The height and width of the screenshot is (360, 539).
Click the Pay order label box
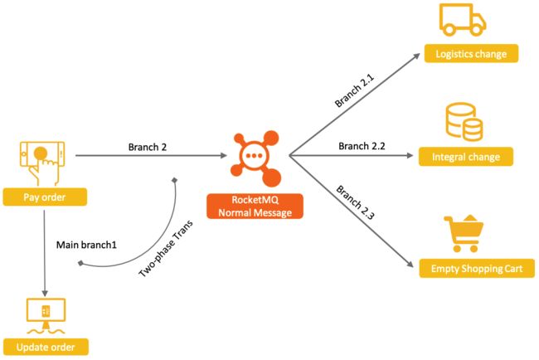click(x=45, y=197)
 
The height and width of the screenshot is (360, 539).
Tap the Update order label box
click(x=46, y=347)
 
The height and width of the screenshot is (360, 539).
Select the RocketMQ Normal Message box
click(x=255, y=207)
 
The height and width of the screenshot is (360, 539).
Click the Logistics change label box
click(x=471, y=54)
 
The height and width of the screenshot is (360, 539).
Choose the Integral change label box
click(x=466, y=157)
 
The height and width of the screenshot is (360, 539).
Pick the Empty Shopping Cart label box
click(x=477, y=268)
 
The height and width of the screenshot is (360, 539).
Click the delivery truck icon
click(x=463, y=20)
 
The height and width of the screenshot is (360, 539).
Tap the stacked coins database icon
click(x=464, y=122)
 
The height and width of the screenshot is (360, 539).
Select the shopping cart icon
click(x=464, y=234)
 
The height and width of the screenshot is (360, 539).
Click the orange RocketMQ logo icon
click(x=255, y=158)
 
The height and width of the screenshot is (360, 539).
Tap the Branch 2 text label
click(x=147, y=147)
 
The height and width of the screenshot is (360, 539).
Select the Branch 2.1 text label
click(x=354, y=90)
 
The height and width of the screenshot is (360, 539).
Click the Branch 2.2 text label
click(x=362, y=146)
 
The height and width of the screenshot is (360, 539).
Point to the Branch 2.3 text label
click(x=355, y=202)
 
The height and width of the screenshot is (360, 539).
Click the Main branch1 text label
click(x=86, y=245)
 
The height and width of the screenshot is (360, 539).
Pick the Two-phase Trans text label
click(x=166, y=249)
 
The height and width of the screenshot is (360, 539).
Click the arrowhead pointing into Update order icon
click(x=45, y=293)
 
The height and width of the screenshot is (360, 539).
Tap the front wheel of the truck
click(x=476, y=29)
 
